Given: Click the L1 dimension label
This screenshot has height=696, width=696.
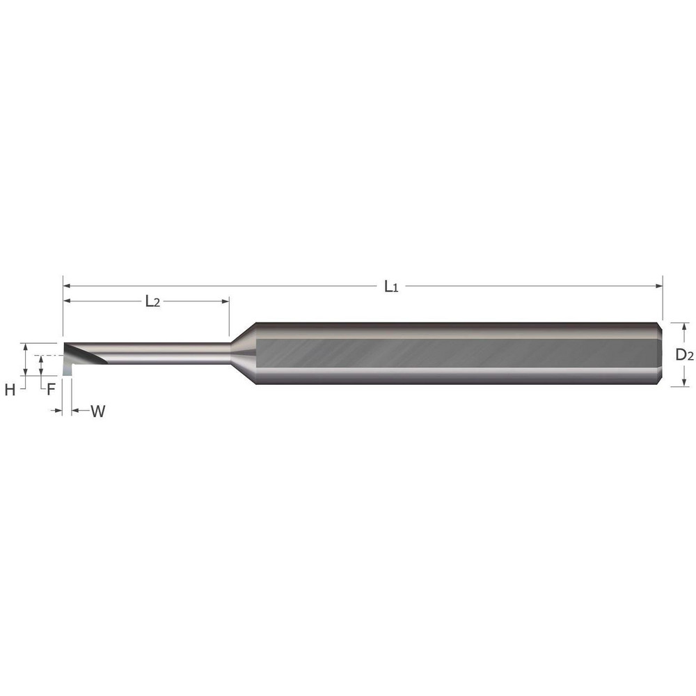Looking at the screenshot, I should (391, 286).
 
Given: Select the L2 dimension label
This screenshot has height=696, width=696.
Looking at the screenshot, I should (152, 301).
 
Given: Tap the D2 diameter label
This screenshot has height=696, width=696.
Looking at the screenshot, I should (685, 354).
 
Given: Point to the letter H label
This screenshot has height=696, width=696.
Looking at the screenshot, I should (10, 390).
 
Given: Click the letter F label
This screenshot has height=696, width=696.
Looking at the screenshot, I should (50, 389).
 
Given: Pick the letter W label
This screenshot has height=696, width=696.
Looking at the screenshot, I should (98, 411).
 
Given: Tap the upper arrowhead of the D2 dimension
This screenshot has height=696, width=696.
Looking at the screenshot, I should (685, 326).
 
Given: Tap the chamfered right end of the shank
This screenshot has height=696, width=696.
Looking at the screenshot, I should (660, 354).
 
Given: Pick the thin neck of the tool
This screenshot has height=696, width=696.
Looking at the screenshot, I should (167, 354).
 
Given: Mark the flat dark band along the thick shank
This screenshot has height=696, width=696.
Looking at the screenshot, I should (452, 354).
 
